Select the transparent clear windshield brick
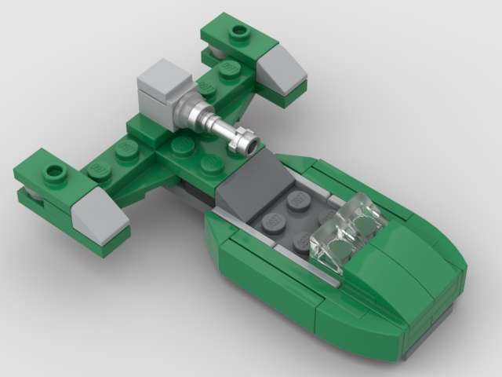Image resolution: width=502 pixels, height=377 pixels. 344,228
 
